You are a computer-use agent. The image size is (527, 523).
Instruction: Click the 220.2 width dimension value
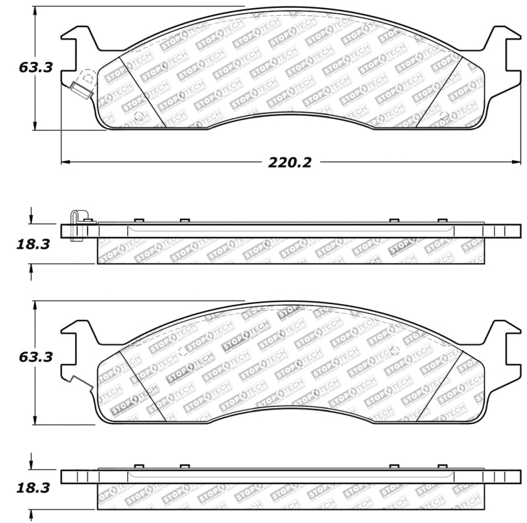click(x=289, y=162)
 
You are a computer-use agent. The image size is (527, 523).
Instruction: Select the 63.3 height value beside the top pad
click(x=36, y=67)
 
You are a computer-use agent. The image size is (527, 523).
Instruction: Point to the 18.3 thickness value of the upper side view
click(x=33, y=244)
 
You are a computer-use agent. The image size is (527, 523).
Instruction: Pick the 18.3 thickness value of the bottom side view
click(x=33, y=489)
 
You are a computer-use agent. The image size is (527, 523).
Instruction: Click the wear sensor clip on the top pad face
click(x=82, y=86)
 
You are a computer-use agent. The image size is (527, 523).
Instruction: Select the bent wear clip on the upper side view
click(x=77, y=225)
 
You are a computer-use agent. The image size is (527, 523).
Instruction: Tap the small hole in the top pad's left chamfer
click(x=138, y=117)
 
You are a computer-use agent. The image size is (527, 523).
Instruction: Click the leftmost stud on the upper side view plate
click(x=138, y=221)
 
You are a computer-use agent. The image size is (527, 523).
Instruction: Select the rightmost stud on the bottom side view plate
click(x=442, y=466)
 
